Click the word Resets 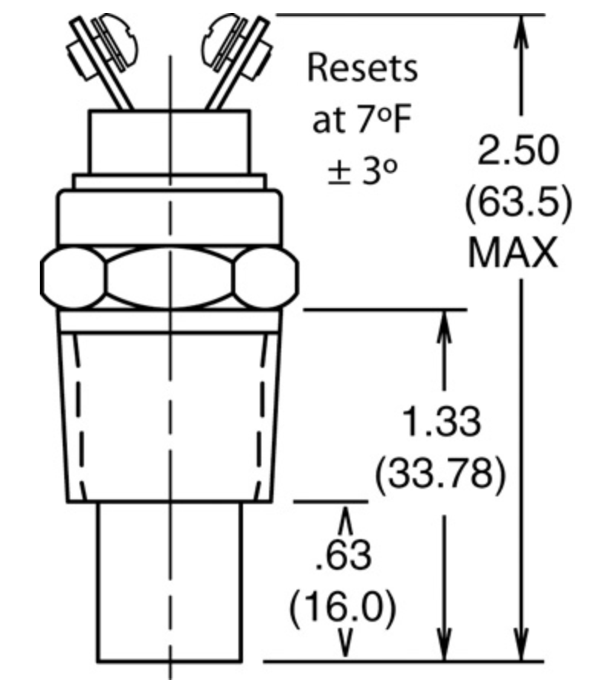tap(362, 68)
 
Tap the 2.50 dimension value tap(517, 150)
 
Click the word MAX tap(513, 253)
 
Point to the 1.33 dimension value tap(441, 421)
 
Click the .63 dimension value tap(343, 555)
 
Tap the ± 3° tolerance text tap(363, 171)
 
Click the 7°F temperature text tap(384, 119)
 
